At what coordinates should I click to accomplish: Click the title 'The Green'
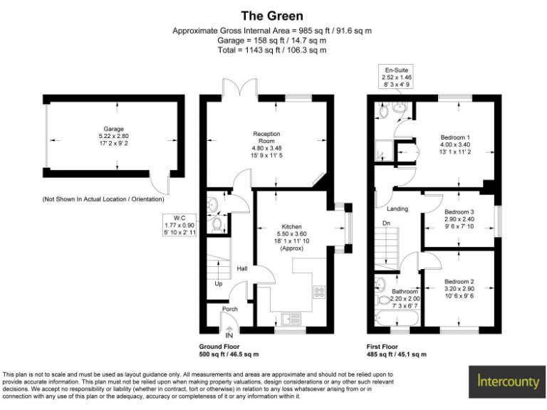coord(272,16)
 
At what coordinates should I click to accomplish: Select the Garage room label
coord(114,135)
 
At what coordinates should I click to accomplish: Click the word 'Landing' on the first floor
coord(397,209)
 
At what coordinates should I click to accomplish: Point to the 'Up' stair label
coord(218,283)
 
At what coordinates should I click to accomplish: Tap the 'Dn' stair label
coord(387,224)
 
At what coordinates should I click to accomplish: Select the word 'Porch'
coord(229,309)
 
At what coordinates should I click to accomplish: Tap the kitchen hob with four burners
coord(318,291)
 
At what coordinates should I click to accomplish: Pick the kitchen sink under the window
coord(292,320)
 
